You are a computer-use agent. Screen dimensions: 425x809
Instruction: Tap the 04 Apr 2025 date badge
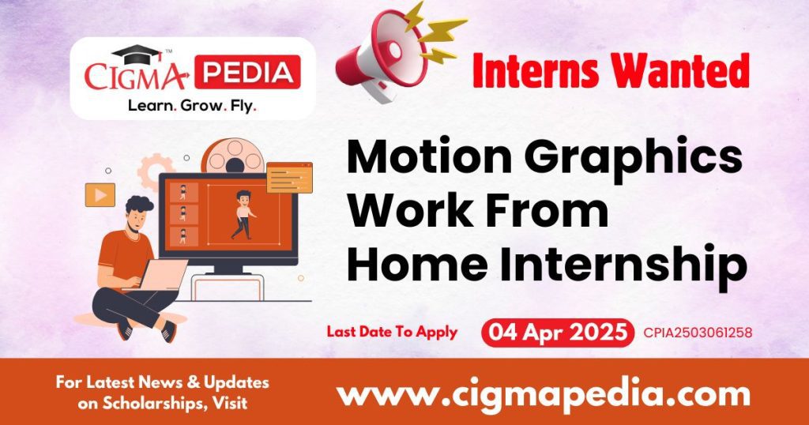tap(557, 333)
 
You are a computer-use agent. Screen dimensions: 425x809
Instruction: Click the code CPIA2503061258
tap(698, 333)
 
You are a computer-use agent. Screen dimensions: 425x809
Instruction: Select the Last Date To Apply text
tap(392, 332)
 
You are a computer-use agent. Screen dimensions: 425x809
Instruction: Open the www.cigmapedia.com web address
tap(543, 393)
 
